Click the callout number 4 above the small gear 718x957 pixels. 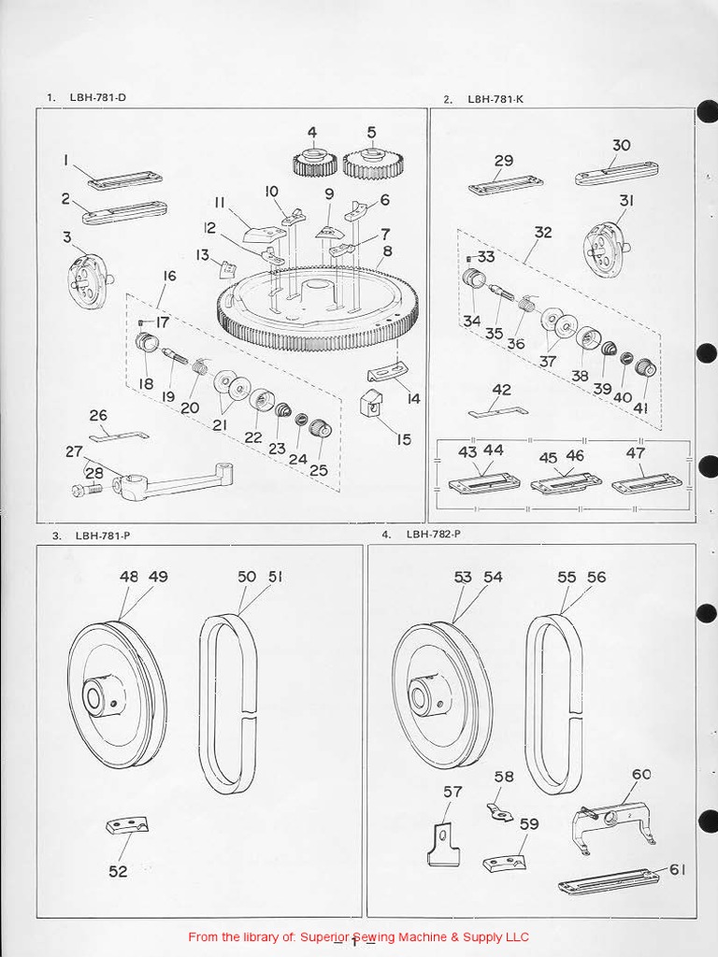point(311,132)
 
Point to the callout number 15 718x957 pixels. point(403,438)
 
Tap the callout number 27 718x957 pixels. point(74,451)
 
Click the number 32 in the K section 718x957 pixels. point(543,233)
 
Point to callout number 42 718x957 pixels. point(502,390)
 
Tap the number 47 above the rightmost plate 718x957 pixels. point(636,452)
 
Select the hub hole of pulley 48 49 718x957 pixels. point(93,697)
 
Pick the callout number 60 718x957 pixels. point(641,774)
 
